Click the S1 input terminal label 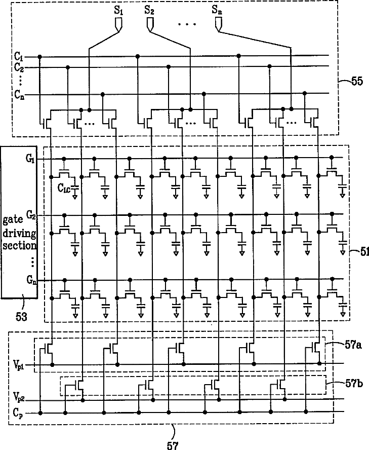pos(119,10)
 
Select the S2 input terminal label pos(150,10)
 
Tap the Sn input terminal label pos(218,10)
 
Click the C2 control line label pos(19,67)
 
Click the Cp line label pos(17,414)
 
